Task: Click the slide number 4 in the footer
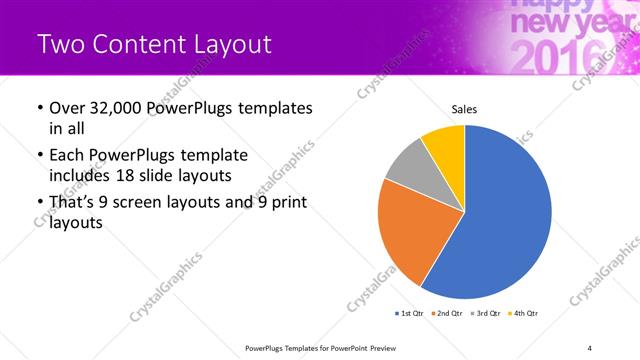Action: (x=590, y=348)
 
